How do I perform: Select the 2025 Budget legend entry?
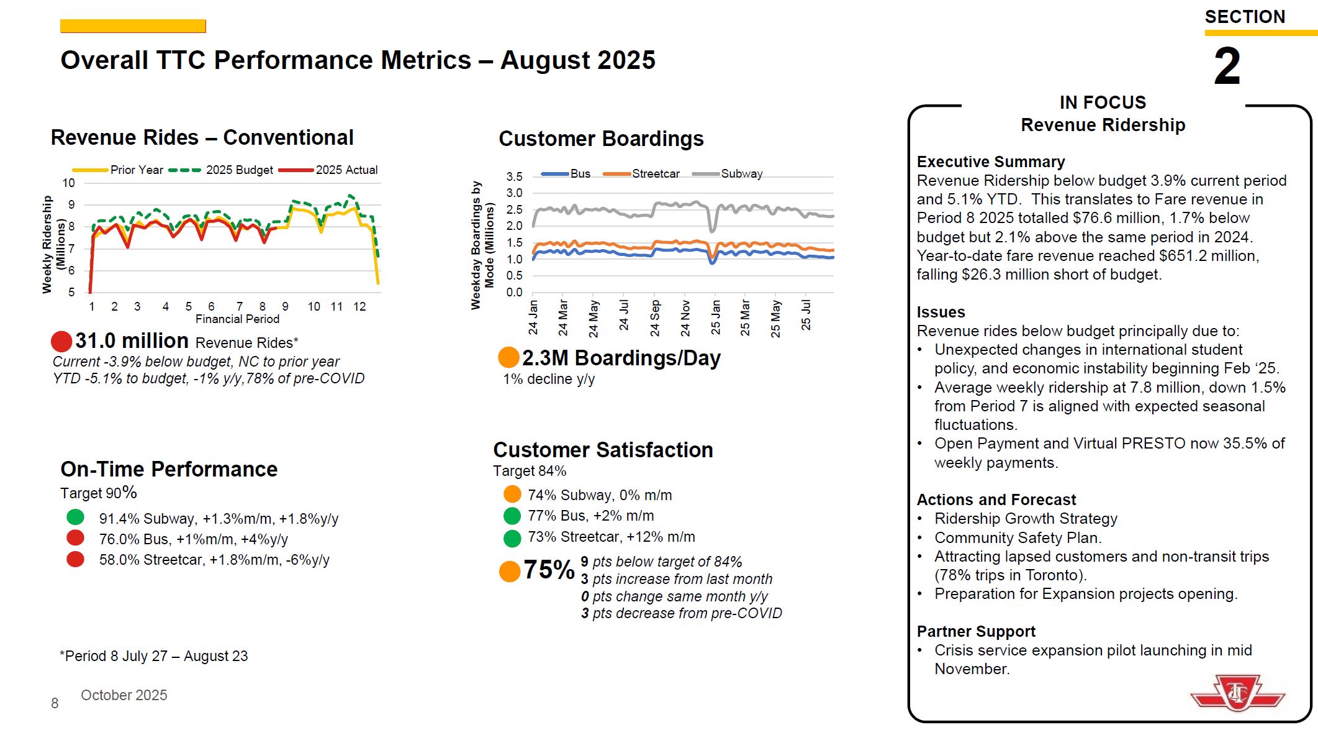[239, 170]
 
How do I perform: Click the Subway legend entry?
[741, 174]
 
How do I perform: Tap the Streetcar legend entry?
[655, 174]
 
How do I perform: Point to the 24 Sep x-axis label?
[655, 318]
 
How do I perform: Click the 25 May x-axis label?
[775, 319]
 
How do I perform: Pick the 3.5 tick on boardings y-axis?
[514, 176]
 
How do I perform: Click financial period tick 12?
[359, 306]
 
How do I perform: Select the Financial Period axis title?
[237, 319]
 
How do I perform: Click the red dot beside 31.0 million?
[61, 341]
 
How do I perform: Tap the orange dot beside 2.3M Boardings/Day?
[508, 357]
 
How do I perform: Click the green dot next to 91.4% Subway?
[75, 517]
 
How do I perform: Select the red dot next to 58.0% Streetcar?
[75, 559]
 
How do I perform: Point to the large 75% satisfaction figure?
[549, 569]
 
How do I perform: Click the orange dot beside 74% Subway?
[512, 494]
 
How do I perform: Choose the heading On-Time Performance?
[169, 469]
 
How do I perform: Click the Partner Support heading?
[975, 631]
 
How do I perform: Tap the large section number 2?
[1227, 66]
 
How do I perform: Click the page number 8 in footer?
[55, 703]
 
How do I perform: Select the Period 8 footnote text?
[153, 656]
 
